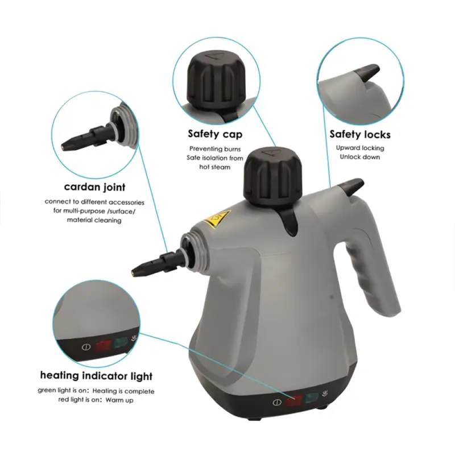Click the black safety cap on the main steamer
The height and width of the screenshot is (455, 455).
[272, 177]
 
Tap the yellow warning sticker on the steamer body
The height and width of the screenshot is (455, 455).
[217, 218]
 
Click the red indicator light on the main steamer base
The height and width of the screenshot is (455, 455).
[293, 401]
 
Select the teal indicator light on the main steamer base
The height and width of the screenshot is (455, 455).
[311, 398]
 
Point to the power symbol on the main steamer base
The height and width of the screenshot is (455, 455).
[277, 403]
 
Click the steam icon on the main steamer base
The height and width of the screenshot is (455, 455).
[325, 394]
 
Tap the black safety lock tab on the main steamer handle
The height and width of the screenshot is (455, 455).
[351, 187]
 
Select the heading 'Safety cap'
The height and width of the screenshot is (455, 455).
[215, 134]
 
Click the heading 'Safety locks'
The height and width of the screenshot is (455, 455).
[360, 134]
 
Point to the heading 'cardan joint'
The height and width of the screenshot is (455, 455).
[94, 187]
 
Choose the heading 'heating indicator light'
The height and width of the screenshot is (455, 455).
[96, 375]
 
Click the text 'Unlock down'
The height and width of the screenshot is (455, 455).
[360, 157]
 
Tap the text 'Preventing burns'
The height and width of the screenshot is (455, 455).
[215, 149]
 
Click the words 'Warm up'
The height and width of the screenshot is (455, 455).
[119, 400]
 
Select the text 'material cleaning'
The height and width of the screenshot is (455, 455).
[94, 220]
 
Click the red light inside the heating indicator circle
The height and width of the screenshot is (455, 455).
[104, 345]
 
